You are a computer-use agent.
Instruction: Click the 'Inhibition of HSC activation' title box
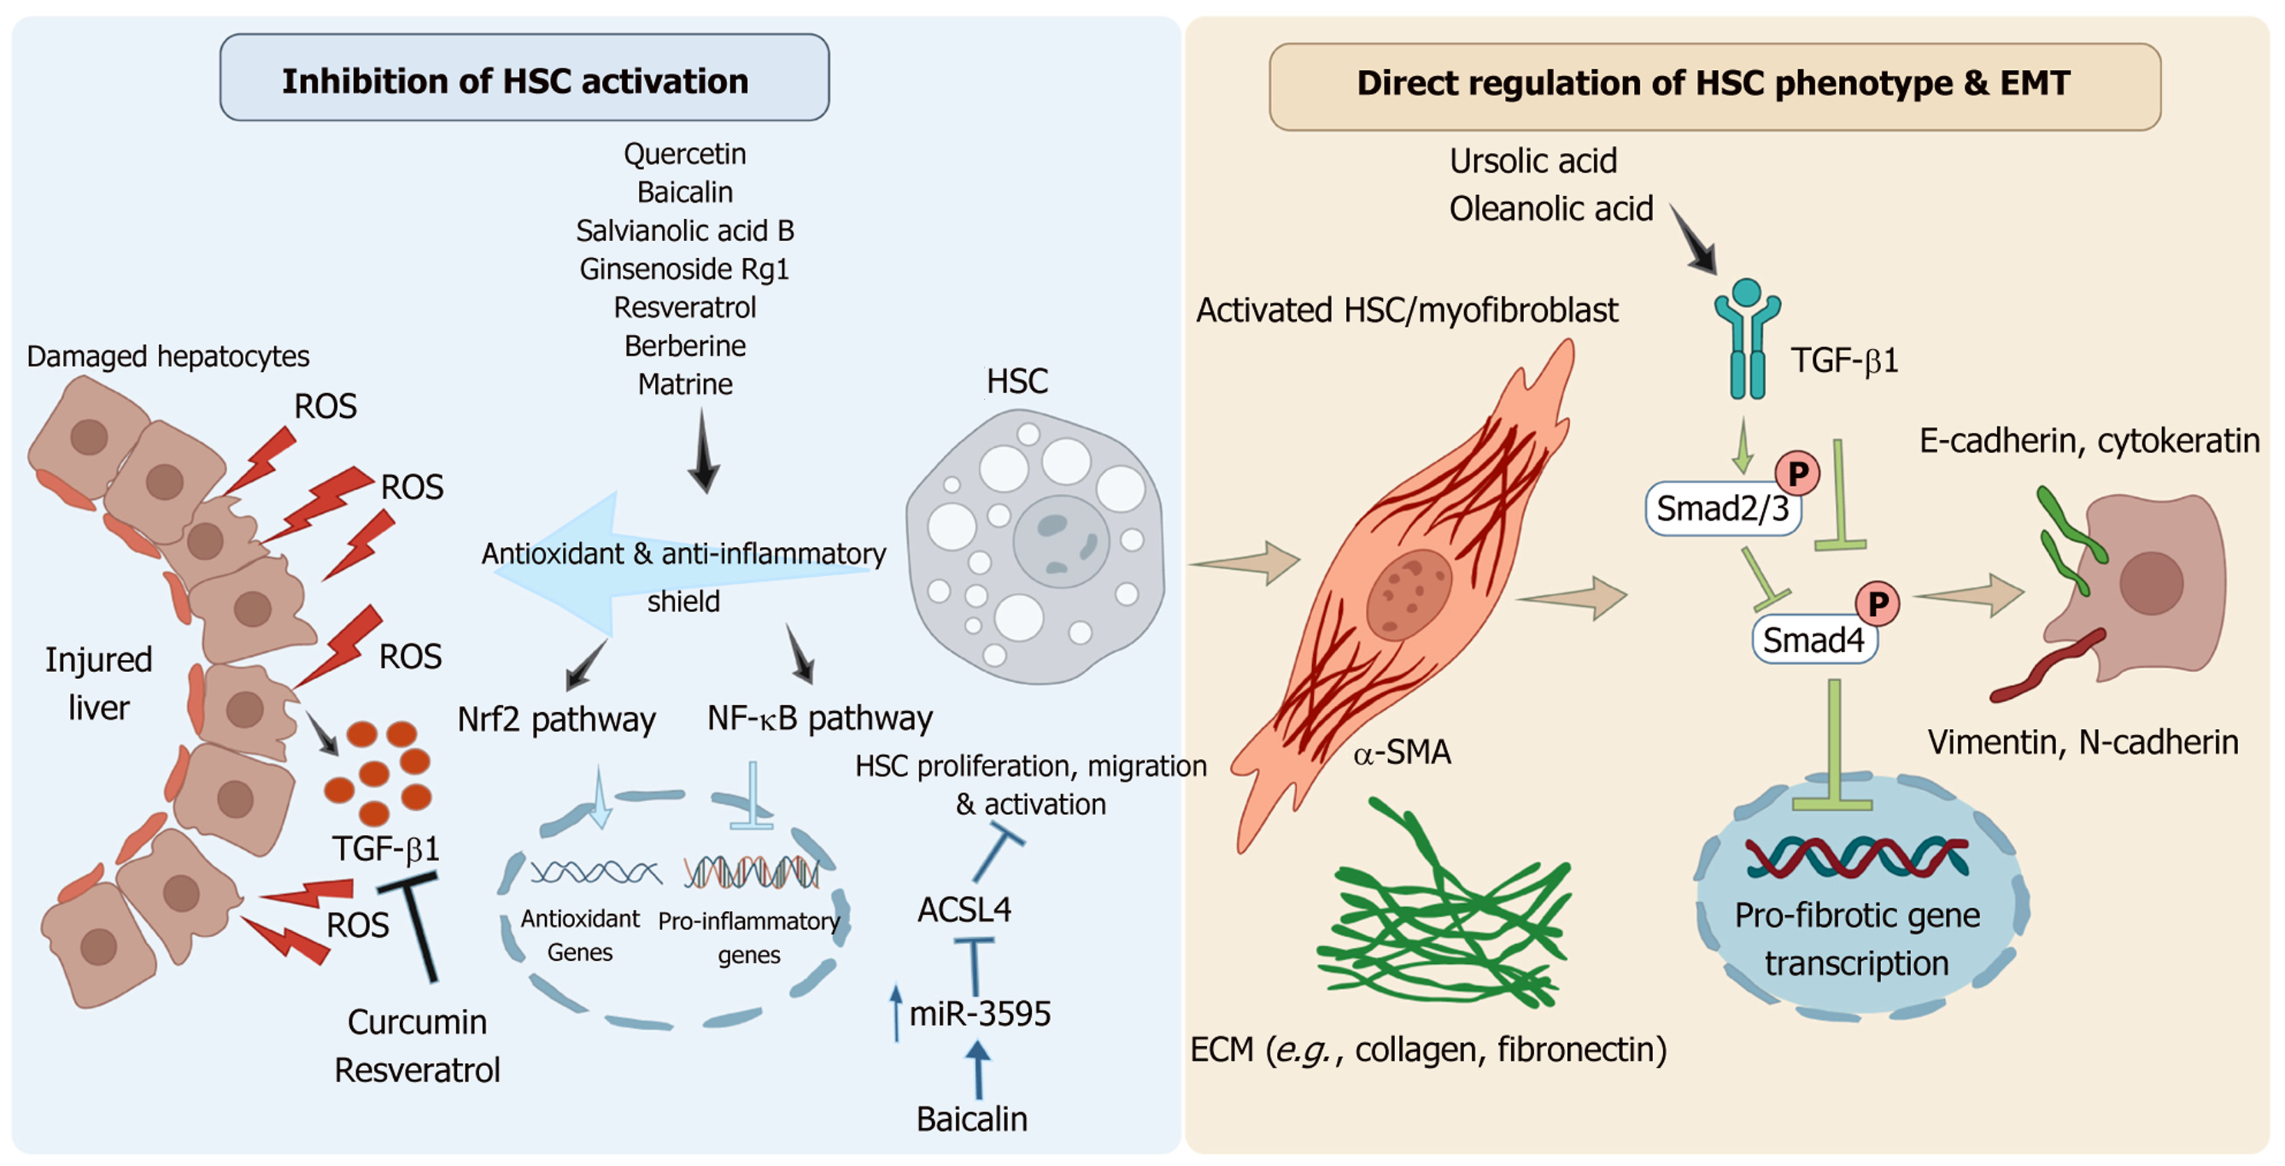(x=524, y=78)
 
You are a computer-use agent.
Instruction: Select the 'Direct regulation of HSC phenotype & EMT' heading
(x=1715, y=86)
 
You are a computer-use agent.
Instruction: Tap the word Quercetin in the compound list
(x=685, y=154)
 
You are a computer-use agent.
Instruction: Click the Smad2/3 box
(x=1723, y=508)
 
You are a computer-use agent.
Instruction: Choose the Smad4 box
(x=1814, y=639)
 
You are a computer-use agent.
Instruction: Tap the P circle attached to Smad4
(x=1878, y=604)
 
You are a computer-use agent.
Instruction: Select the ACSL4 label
(x=964, y=909)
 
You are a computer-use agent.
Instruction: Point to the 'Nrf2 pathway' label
(x=556, y=720)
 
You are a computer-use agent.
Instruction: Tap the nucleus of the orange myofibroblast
(x=1409, y=595)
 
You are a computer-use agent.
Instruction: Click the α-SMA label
(x=1402, y=753)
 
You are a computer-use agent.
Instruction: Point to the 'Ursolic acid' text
(x=1533, y=161)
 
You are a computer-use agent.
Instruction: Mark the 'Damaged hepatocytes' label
(x=167, y=356)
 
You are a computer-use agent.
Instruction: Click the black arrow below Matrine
(x=703, y=451)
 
